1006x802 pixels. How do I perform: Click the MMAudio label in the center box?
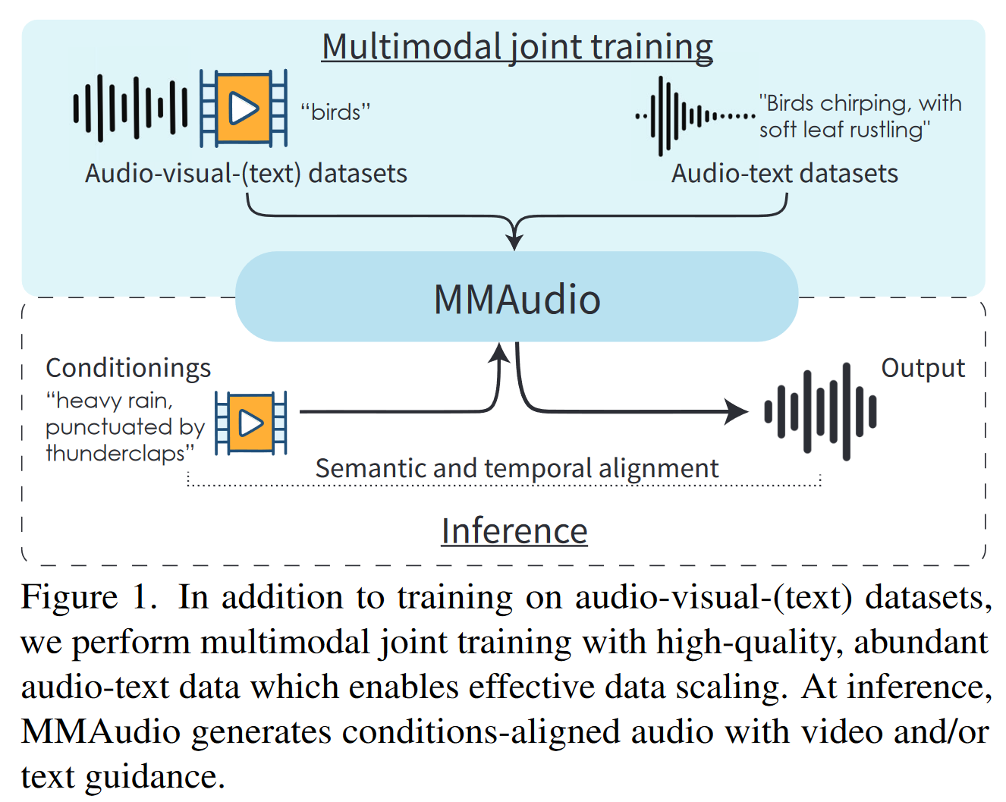[517, 299]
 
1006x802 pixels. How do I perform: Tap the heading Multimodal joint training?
[517, 47]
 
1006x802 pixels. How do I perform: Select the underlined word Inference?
[514, 531]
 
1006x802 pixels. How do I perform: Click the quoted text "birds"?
[335, 112]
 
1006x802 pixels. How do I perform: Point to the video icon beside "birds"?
[243, 108]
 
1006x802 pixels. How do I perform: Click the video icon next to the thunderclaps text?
[250, 423]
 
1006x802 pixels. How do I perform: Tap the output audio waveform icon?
[820, 412]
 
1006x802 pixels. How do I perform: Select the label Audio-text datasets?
[784, 174]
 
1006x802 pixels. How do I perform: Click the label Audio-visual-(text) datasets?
[246, 174]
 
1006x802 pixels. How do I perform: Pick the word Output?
[923, 369]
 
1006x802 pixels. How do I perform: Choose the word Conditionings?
[128, 369]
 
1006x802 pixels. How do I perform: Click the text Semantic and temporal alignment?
[517, 468]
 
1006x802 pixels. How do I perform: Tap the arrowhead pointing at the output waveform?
[736, 411]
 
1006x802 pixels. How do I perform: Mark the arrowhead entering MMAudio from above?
[514, 241]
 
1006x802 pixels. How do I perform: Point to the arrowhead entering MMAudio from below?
[499, 352]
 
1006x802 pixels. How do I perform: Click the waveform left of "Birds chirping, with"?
[695, 116]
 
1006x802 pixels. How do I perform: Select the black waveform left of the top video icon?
[130, 108]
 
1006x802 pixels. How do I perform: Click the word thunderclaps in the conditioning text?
[120, 453]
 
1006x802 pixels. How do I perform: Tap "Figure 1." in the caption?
[89, 597]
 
